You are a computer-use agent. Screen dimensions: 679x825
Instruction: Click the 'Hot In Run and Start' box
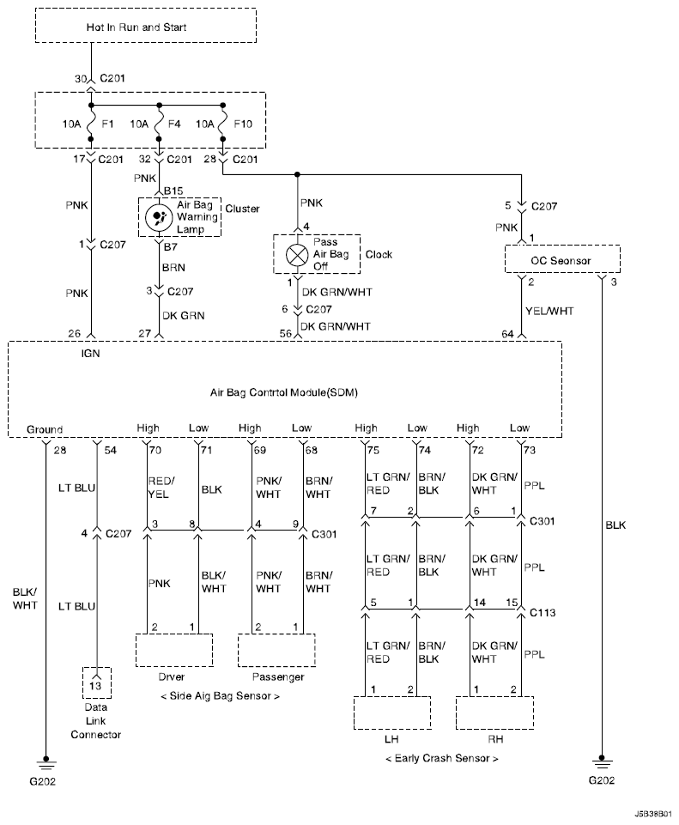click(x=146, y=25)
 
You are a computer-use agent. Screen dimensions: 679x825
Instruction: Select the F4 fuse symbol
click(x=159, y=123)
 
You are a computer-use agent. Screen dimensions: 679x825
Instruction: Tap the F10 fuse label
click(x=242, y=124)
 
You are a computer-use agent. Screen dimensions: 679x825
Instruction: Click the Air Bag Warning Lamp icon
click(x=158, y=217)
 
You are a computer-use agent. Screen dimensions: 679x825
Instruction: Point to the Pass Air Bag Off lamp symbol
click(x=297, y=255)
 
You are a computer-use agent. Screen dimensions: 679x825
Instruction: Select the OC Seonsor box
click(x=562, y=259)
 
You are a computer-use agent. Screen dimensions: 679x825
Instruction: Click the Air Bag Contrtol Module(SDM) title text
click(x=284, y=392)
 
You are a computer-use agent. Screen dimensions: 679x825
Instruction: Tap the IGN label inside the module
click(x=90, y=354)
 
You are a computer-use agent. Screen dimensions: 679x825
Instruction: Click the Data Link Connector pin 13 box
click(x=96, y=683)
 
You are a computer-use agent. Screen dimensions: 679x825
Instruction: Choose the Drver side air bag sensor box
click(x=174, y=650)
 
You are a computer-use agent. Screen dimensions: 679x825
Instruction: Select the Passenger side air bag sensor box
click(x=276, y=650)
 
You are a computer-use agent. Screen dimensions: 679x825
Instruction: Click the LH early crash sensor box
click(x=392, y=713)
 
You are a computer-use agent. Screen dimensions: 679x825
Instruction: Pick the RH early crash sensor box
click(x=495, y=713)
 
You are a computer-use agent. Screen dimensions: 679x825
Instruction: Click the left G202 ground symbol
click(x=45, y=763)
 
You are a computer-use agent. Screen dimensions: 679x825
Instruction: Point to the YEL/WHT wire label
click(x=549, y=311)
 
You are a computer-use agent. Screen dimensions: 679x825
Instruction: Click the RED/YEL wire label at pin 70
click(x=161, y=488)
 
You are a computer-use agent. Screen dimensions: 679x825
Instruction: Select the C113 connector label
click(x=543, y=612)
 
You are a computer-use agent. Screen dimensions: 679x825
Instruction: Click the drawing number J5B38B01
click(x=652, y=814)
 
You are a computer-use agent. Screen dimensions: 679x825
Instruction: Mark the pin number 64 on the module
click(x=507, y=334)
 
